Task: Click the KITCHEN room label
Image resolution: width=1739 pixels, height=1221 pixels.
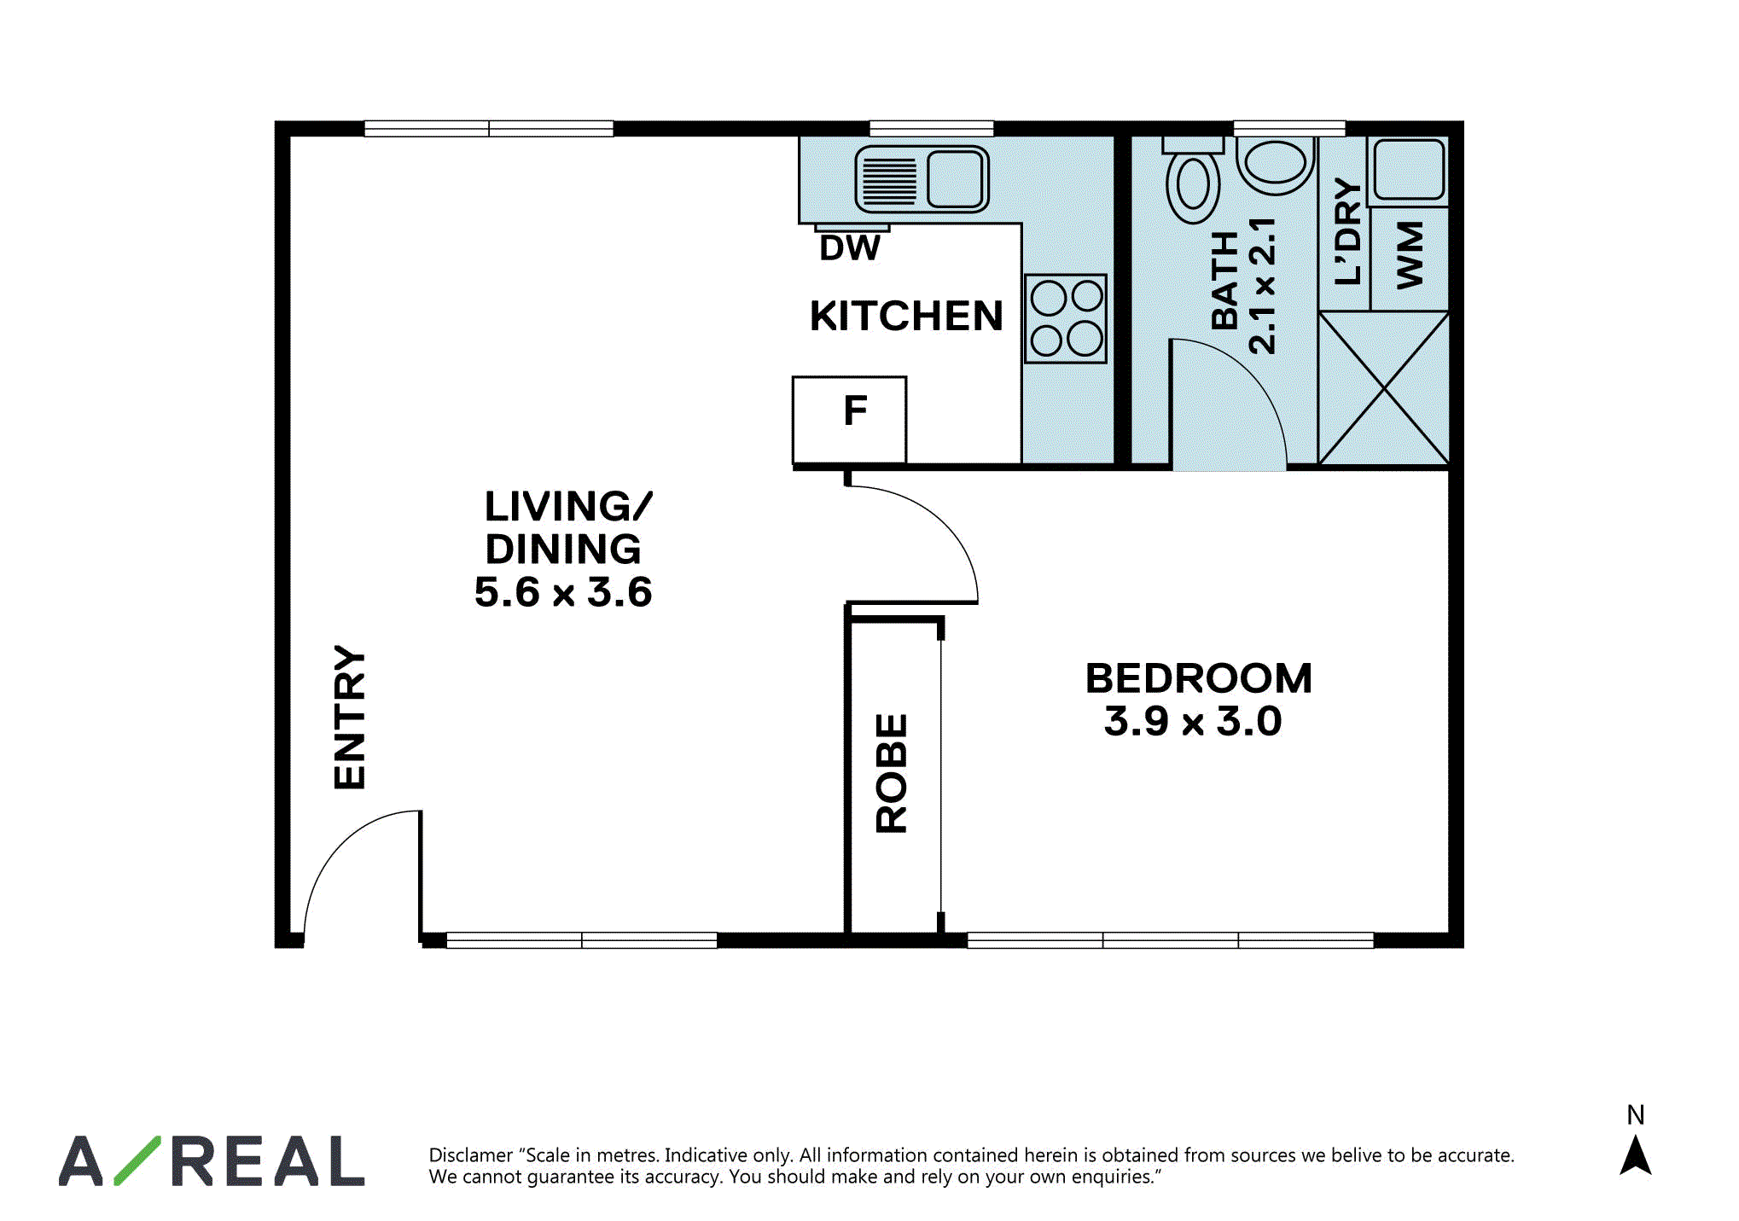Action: click(x=906, y=316)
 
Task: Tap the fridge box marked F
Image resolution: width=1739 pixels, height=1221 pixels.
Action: click(x=849, y=420)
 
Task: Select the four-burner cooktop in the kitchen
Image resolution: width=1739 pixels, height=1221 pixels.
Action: click(x=1066, y=319)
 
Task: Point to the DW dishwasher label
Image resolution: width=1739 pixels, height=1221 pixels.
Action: click(x=850, y=248)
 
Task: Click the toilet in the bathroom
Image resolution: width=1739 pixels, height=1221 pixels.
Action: click(x=1193, y=179)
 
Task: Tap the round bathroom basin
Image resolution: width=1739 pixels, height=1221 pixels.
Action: click(x=1275, y=164)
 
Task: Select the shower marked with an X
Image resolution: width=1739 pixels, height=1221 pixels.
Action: click(x=1383, y=389)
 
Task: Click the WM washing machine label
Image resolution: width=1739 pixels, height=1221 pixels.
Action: click(x=1410, y=255)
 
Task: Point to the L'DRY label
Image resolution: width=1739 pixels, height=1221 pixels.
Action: click(x=1347, y=231)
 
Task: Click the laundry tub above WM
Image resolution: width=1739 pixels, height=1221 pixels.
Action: click(x=1409, y=170)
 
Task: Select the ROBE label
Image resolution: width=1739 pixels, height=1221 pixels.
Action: click(x=892, y=773)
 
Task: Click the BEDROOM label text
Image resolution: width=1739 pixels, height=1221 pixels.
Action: click(x=1199, y=679)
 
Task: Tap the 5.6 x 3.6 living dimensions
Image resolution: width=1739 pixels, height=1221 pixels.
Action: click(x=563, y=592)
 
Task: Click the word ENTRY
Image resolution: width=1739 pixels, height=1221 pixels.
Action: click(x=350, y=717)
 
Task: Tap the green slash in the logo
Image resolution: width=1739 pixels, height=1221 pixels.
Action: click(x=137, y=1160)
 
